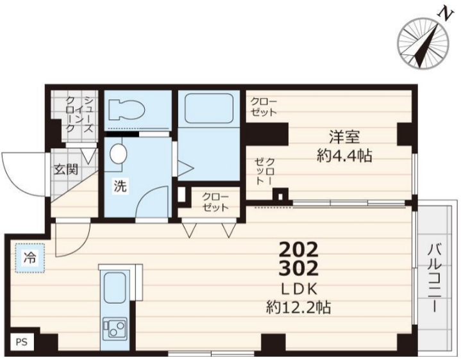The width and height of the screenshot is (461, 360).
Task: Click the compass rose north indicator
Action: pos(423,44)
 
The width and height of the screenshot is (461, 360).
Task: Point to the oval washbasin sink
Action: pos(118,154)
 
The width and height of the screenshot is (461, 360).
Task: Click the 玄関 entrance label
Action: pos(65,170)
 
